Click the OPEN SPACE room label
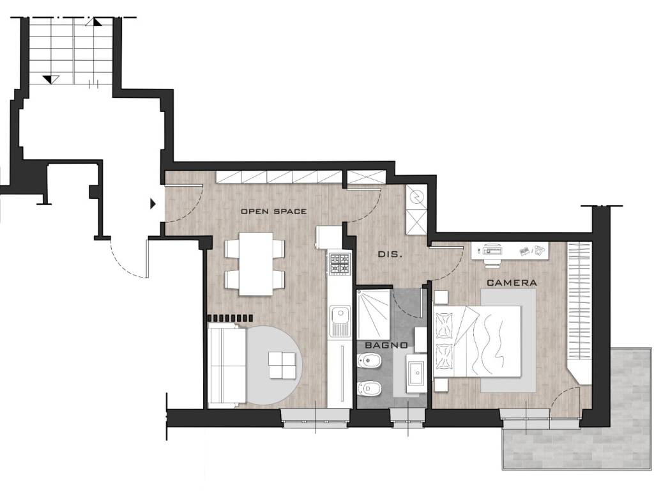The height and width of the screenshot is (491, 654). tap(273, 211)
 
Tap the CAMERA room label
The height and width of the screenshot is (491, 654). tap(512, 283)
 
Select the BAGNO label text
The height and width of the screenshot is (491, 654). tap(386, 345)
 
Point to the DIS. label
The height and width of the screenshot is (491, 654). tap(390, 254)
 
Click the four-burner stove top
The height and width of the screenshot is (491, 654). tap(338, 263)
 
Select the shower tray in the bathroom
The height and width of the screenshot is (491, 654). tap(374, 313)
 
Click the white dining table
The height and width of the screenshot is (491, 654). tap(255, 263)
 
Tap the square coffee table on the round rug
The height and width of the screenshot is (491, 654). tap(282, 365)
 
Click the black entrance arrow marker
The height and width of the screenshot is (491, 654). tap(153, 204)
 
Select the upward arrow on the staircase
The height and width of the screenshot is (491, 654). tap(94, 22)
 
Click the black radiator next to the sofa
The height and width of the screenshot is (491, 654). tap(230, 318)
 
